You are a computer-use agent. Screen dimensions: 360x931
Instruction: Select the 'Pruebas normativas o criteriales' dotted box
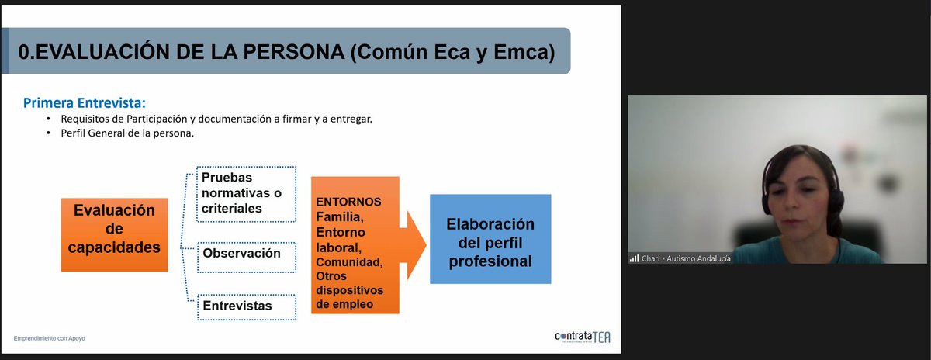click(247, 192)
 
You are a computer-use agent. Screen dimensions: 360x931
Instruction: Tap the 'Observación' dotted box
click(247, 254)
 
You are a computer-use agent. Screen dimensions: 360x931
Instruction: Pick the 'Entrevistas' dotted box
click(247, 306)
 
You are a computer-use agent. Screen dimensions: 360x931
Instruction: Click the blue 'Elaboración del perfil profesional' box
click(490, 239)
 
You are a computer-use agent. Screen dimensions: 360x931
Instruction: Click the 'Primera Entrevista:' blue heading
click(85, 102)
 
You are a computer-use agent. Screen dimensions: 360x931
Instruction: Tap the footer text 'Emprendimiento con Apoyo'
click(50, 339)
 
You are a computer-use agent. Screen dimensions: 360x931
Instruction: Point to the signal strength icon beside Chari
click(634, 258)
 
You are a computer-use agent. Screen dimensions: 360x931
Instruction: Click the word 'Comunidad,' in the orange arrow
click(349, 262)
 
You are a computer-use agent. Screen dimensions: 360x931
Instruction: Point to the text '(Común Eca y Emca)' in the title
click(452, 52)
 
